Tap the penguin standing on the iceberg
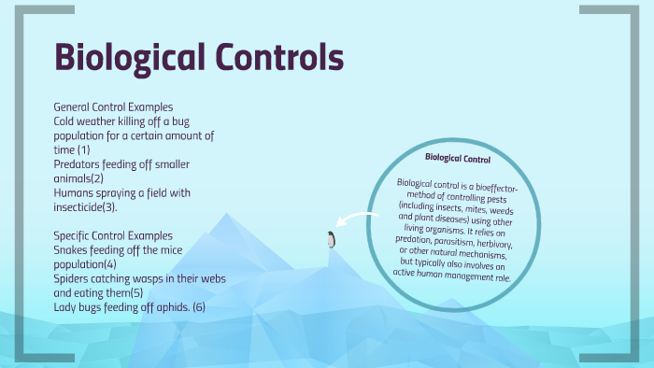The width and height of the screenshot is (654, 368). tap(329, 240)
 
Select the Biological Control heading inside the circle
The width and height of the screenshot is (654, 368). tap(458, 158)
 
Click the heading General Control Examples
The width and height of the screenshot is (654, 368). tap(113, 106)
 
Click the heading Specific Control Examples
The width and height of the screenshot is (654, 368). tap(113, 235)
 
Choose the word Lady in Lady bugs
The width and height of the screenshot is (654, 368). tap(67, 307)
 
